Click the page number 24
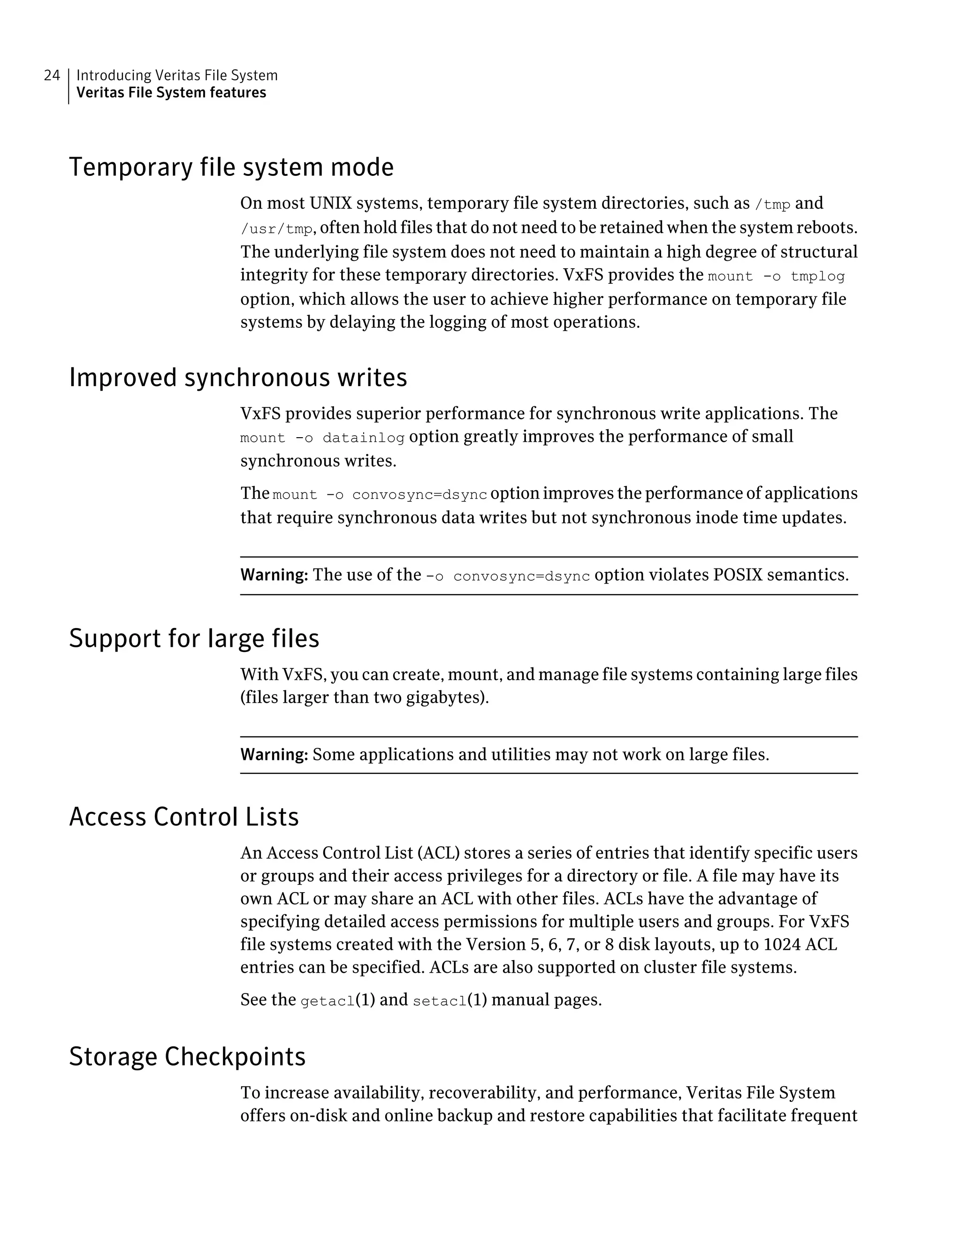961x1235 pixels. (52, 75)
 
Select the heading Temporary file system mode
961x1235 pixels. (231, 167)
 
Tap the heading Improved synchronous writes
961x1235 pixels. (237, 378)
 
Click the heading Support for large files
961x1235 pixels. (194, 638)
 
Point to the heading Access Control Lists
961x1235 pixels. (184, 817)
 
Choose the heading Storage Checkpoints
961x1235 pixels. (187, 1056)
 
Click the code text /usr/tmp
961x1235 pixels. (276, 229)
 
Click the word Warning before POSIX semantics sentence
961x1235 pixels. (274, 575)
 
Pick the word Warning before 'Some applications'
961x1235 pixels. (274, 755)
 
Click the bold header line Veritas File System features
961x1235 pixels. (171, 93)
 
